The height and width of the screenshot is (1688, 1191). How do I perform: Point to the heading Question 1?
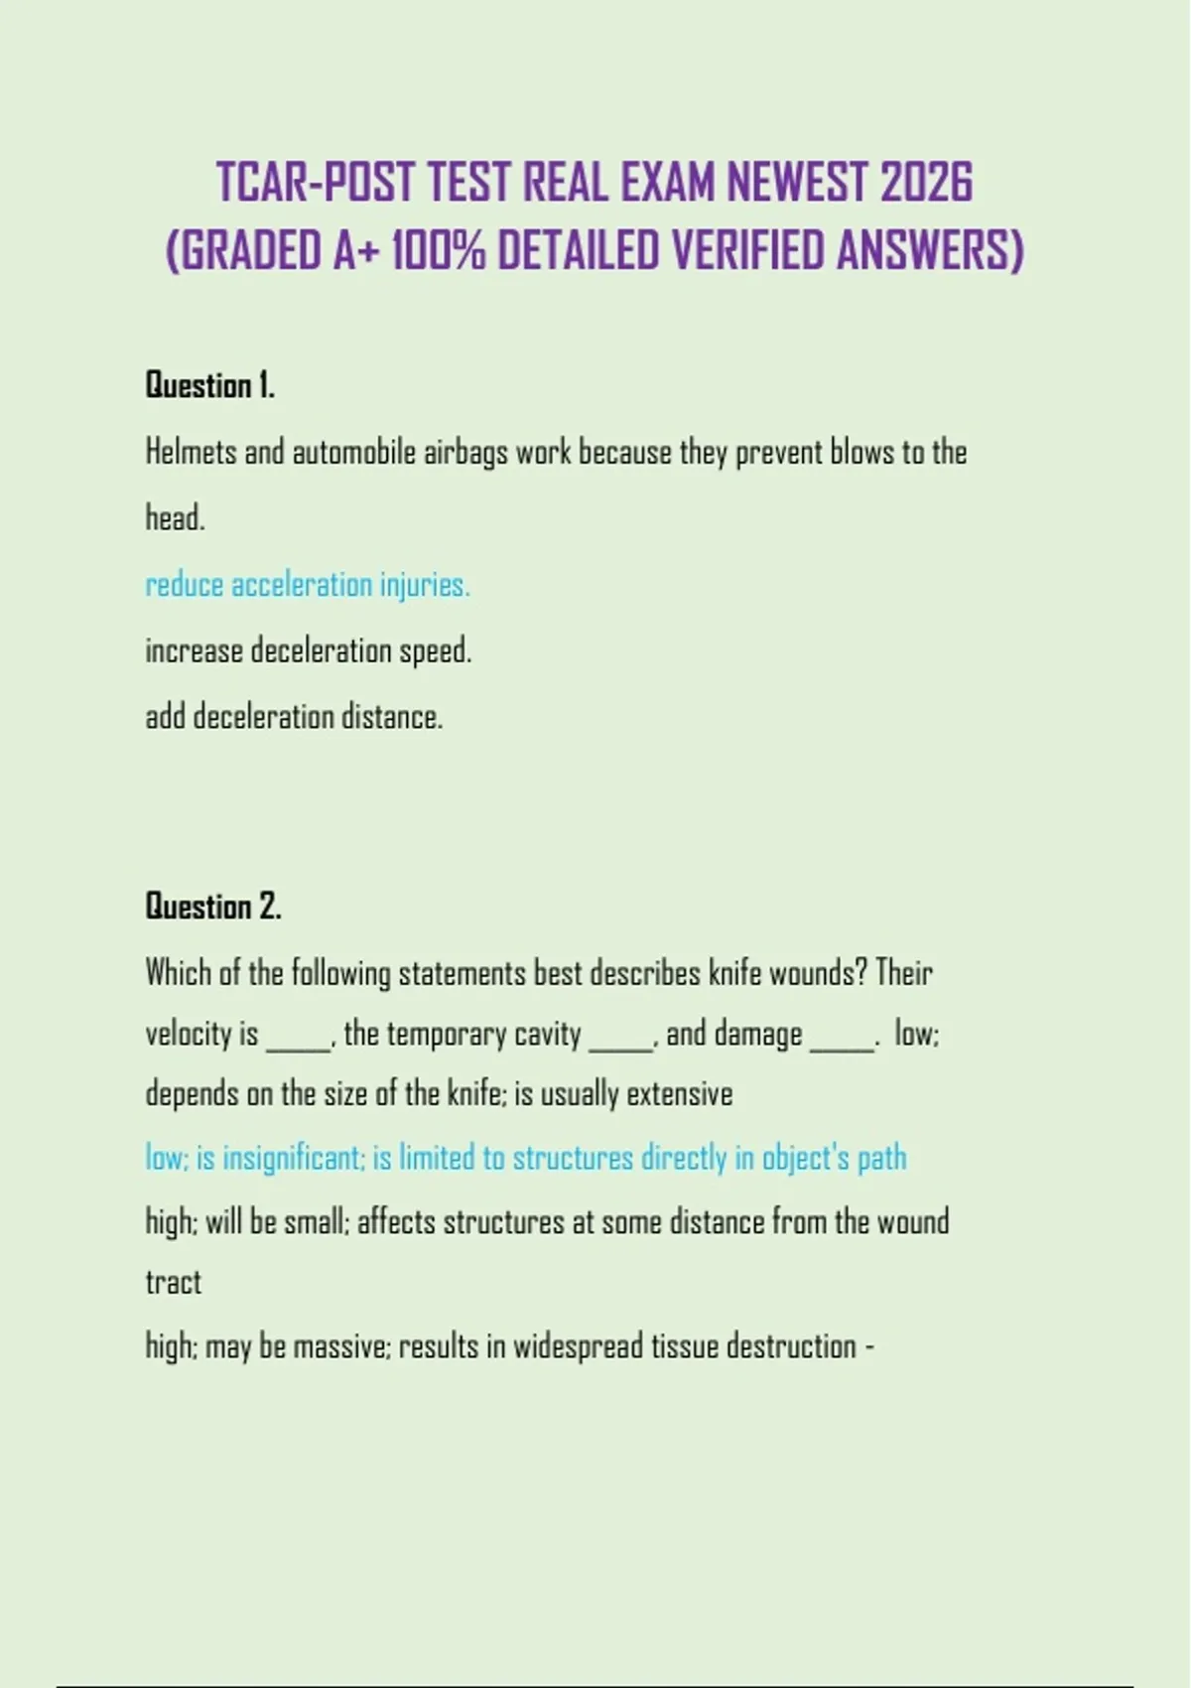[x=210, y=385]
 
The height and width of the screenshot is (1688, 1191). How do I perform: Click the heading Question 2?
[x=213, y=906]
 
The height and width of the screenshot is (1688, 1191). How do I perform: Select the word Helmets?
[x=191, y=452]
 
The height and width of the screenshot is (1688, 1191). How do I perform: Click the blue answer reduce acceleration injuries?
[x=308, y=585]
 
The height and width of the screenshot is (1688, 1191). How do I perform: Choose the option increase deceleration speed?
[x=308, y=651]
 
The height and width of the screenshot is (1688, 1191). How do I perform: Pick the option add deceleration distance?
[x=294, y=717]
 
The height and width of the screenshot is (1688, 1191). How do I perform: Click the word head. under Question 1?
[x=175, y=518]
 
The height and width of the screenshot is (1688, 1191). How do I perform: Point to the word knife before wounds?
[x=734, y=972]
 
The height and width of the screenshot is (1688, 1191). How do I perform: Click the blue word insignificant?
[x=293, y=1158]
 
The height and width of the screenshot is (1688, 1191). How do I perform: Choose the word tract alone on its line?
[x=173, y=1283]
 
